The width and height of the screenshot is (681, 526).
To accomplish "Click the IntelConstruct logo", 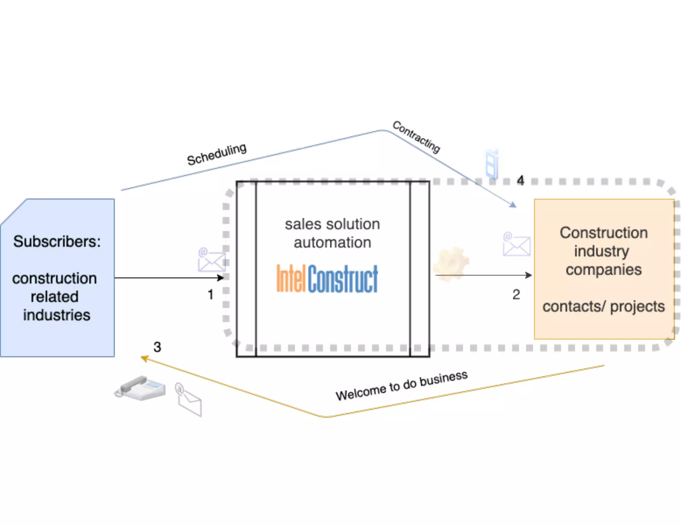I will [327, 279].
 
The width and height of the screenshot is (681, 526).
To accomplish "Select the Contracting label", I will [416, 137].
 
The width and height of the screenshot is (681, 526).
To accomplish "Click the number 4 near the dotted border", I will [520, 181].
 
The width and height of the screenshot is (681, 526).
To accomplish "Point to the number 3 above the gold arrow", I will [157, 347].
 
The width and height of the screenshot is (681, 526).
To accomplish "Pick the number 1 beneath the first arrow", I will [210, 295].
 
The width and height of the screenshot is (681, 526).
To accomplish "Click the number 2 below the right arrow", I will [516, 295].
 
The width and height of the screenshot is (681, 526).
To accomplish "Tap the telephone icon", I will [140, 388].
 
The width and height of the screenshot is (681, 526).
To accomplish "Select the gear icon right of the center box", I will [451, 263].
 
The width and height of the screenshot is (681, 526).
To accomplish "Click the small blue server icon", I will [492, 164].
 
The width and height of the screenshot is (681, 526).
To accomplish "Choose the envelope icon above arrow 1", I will [211, 260].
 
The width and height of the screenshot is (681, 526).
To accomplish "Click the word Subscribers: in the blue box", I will [57, 242].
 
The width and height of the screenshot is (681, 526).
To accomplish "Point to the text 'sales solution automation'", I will [332, 233].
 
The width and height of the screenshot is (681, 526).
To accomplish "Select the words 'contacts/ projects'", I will [604, 307].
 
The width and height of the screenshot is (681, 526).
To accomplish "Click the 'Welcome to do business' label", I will [401, 386].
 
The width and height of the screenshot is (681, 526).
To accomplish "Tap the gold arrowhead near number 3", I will [144, 358].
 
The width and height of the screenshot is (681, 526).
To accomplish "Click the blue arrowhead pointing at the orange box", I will [513, 205].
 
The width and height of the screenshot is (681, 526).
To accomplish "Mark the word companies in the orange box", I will [604, 270].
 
